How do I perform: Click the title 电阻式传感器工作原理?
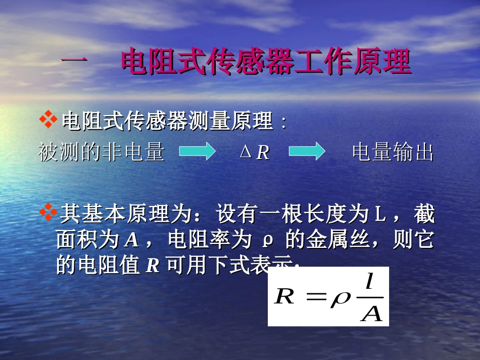tap(266, 63)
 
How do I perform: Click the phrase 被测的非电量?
tap(101, 152)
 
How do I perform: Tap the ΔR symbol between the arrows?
tap(255, 152)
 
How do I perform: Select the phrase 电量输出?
tap(393, 152)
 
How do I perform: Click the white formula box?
tap(328, 296)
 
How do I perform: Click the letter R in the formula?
tap(284, 296)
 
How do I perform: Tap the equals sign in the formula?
tap(313, 297)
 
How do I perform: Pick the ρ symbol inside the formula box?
tap(340, 298)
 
